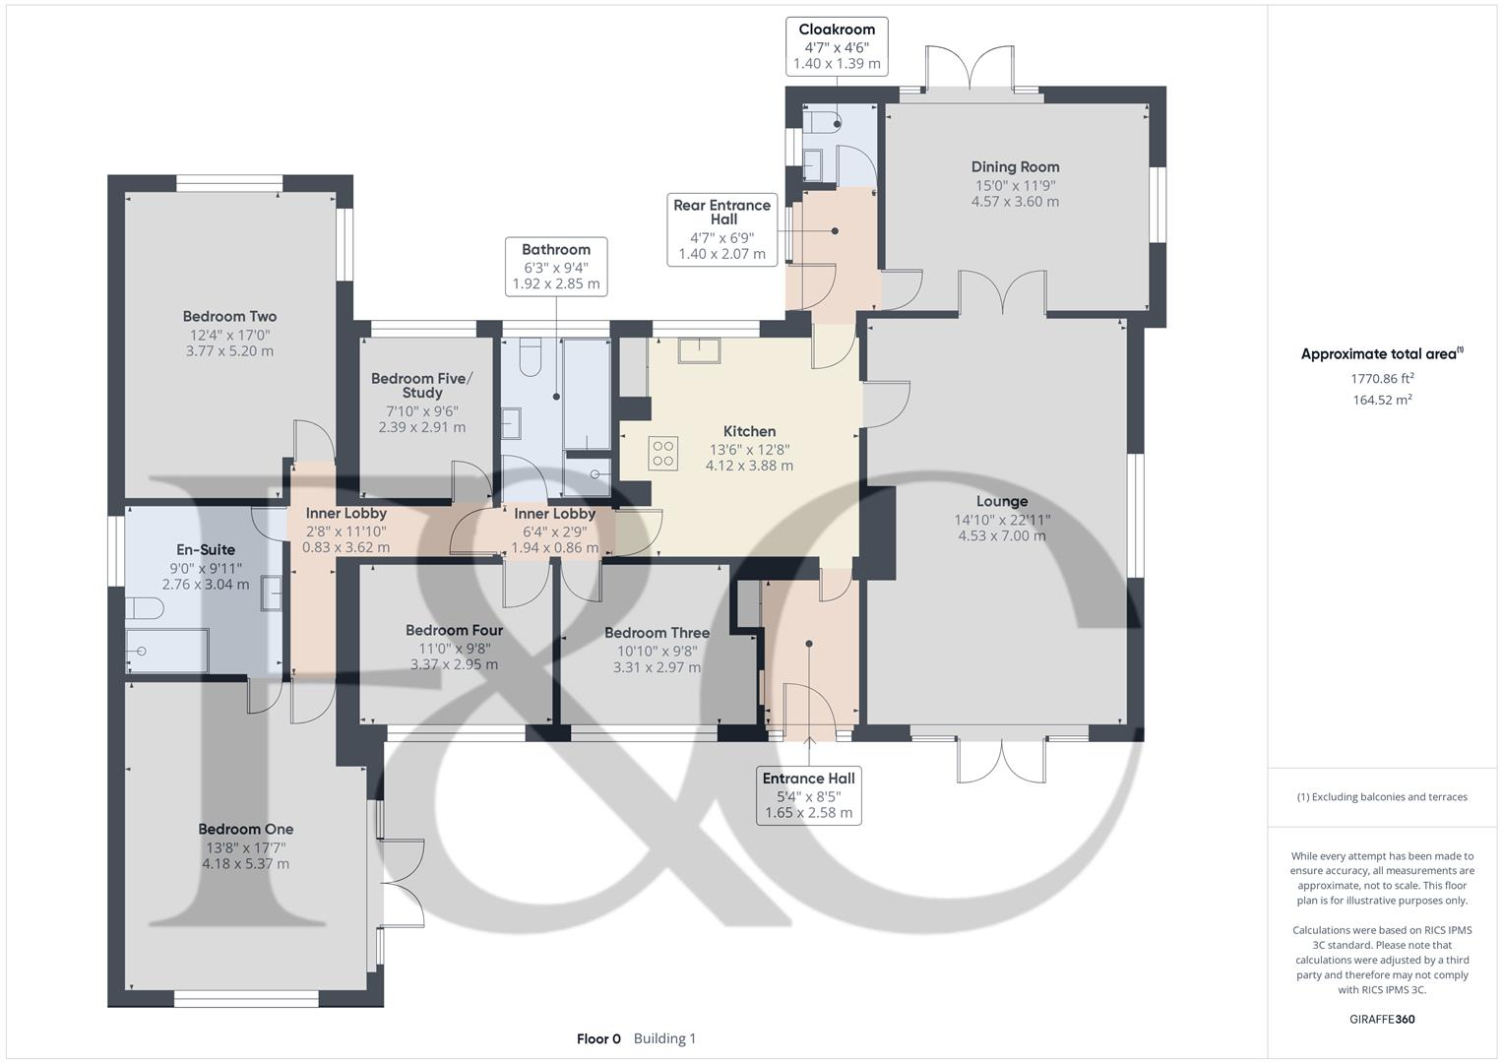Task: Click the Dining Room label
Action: point(1015,167)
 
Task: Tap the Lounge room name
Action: point(1002,502)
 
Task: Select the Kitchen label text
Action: point(749,431)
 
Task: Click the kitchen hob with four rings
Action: point(663,453)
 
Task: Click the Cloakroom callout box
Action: point(837,46)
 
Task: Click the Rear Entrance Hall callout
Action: point(722,229)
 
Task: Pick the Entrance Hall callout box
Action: point(809,795)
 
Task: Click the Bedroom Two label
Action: point(229,317)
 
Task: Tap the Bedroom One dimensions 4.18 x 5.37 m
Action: point(245,864)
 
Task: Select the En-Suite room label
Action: point(206,550)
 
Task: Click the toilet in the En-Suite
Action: point(145,608)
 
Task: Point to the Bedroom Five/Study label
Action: point(421,385)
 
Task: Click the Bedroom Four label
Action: point(454,630)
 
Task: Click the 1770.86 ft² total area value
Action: point(1382,378)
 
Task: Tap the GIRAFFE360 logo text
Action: point(1382,1020)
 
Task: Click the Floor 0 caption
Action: point(598,1038)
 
